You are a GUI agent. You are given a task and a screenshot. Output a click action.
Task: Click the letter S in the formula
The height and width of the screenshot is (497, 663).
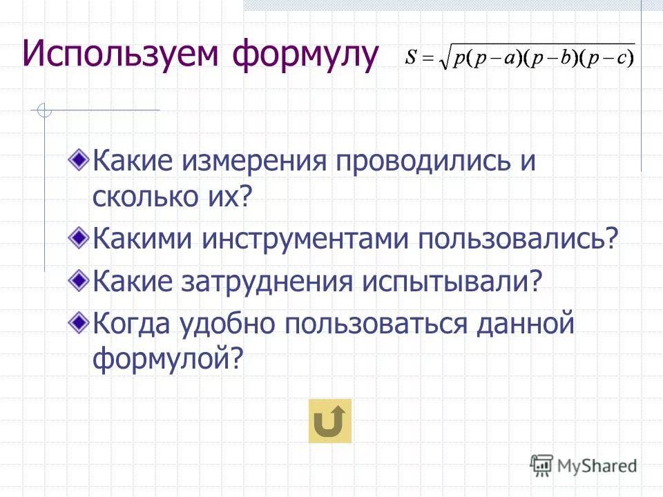click(x=412, y=59)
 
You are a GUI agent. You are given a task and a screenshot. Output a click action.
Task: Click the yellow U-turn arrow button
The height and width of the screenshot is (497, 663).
click(x=329, y=420)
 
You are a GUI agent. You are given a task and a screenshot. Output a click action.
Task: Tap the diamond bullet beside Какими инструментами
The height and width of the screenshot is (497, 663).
click(x=80, y=238)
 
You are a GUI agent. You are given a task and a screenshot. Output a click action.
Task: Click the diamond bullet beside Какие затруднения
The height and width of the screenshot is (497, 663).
click(x=80, y=279)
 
